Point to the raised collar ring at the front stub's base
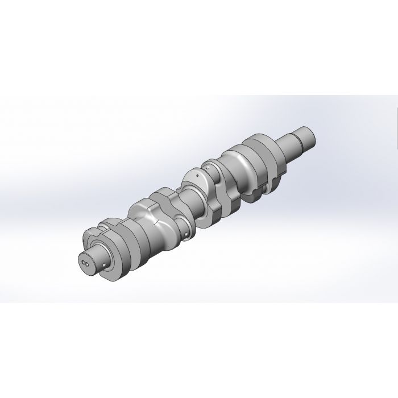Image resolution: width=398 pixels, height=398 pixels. [x=105, y=250]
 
